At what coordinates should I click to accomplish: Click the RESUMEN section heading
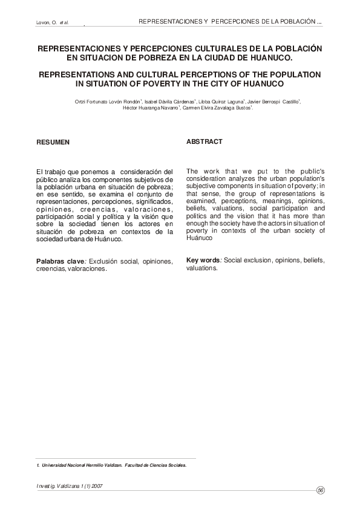53,142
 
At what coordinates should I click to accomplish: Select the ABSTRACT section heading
205,141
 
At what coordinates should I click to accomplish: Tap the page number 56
321,490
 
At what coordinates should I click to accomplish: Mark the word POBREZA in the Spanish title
157,57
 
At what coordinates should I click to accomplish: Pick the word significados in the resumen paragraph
154,201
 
